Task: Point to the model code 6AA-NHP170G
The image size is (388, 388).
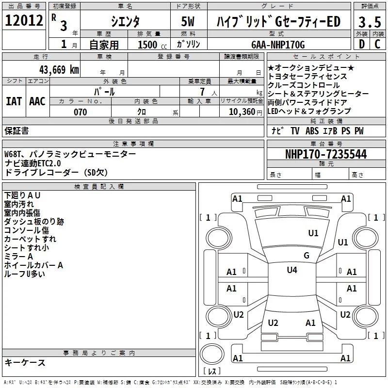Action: (278, 45)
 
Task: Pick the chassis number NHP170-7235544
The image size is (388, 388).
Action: (325, 154)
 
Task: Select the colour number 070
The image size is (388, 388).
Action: (80, 112)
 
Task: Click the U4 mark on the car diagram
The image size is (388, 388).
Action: (291, 270)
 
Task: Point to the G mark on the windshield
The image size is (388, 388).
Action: (306, 255)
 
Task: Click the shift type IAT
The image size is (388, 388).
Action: (14, 101)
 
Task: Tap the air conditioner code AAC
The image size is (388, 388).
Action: (37, 101)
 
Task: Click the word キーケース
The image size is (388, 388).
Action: (25, 362)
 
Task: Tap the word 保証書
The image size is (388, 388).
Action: (16, 131)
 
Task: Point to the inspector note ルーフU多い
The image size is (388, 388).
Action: (25, 274)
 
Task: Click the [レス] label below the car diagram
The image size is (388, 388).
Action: (212, 372)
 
